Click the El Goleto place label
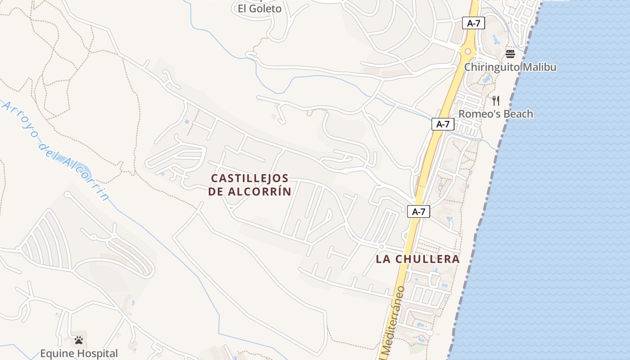[260, 9]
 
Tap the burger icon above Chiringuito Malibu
[510, 54]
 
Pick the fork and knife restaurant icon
[496, 100]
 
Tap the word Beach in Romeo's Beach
[517, 114]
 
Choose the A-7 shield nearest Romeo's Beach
[443, 124]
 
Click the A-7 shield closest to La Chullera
[418, 211]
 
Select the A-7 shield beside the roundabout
[473, 23]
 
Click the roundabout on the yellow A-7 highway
[468, 51]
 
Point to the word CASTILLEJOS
[250, 178]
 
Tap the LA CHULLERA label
[418, 259]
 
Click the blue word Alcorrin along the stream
[85, 176]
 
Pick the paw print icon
[79, 340]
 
